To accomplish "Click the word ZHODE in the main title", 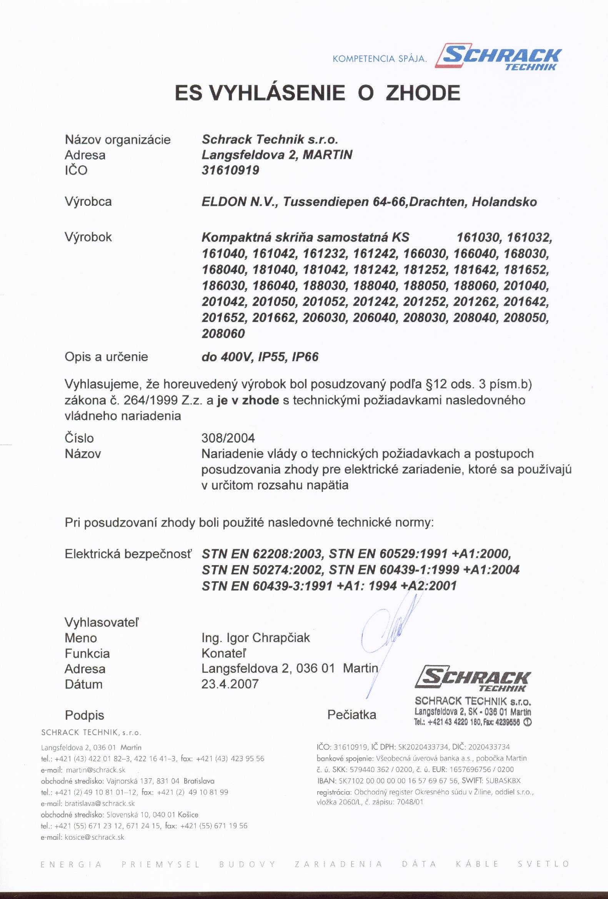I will pos(423,93).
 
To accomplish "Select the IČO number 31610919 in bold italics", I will pos(230,170).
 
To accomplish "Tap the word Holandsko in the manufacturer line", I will pos(504,202).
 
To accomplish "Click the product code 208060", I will pos(223,334).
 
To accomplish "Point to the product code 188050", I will pos(425,285).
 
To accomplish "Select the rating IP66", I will pos(305,357).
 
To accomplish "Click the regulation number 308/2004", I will pos(228,438).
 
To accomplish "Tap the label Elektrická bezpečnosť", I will pos(128,554).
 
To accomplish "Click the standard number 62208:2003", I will pos(287,554).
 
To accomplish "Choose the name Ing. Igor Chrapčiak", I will pos(256,637).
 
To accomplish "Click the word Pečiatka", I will pos(351,714).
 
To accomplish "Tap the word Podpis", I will pos(84,715).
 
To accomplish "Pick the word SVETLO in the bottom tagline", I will pos(543,864).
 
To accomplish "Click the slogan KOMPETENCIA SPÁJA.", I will pos(380,59).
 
